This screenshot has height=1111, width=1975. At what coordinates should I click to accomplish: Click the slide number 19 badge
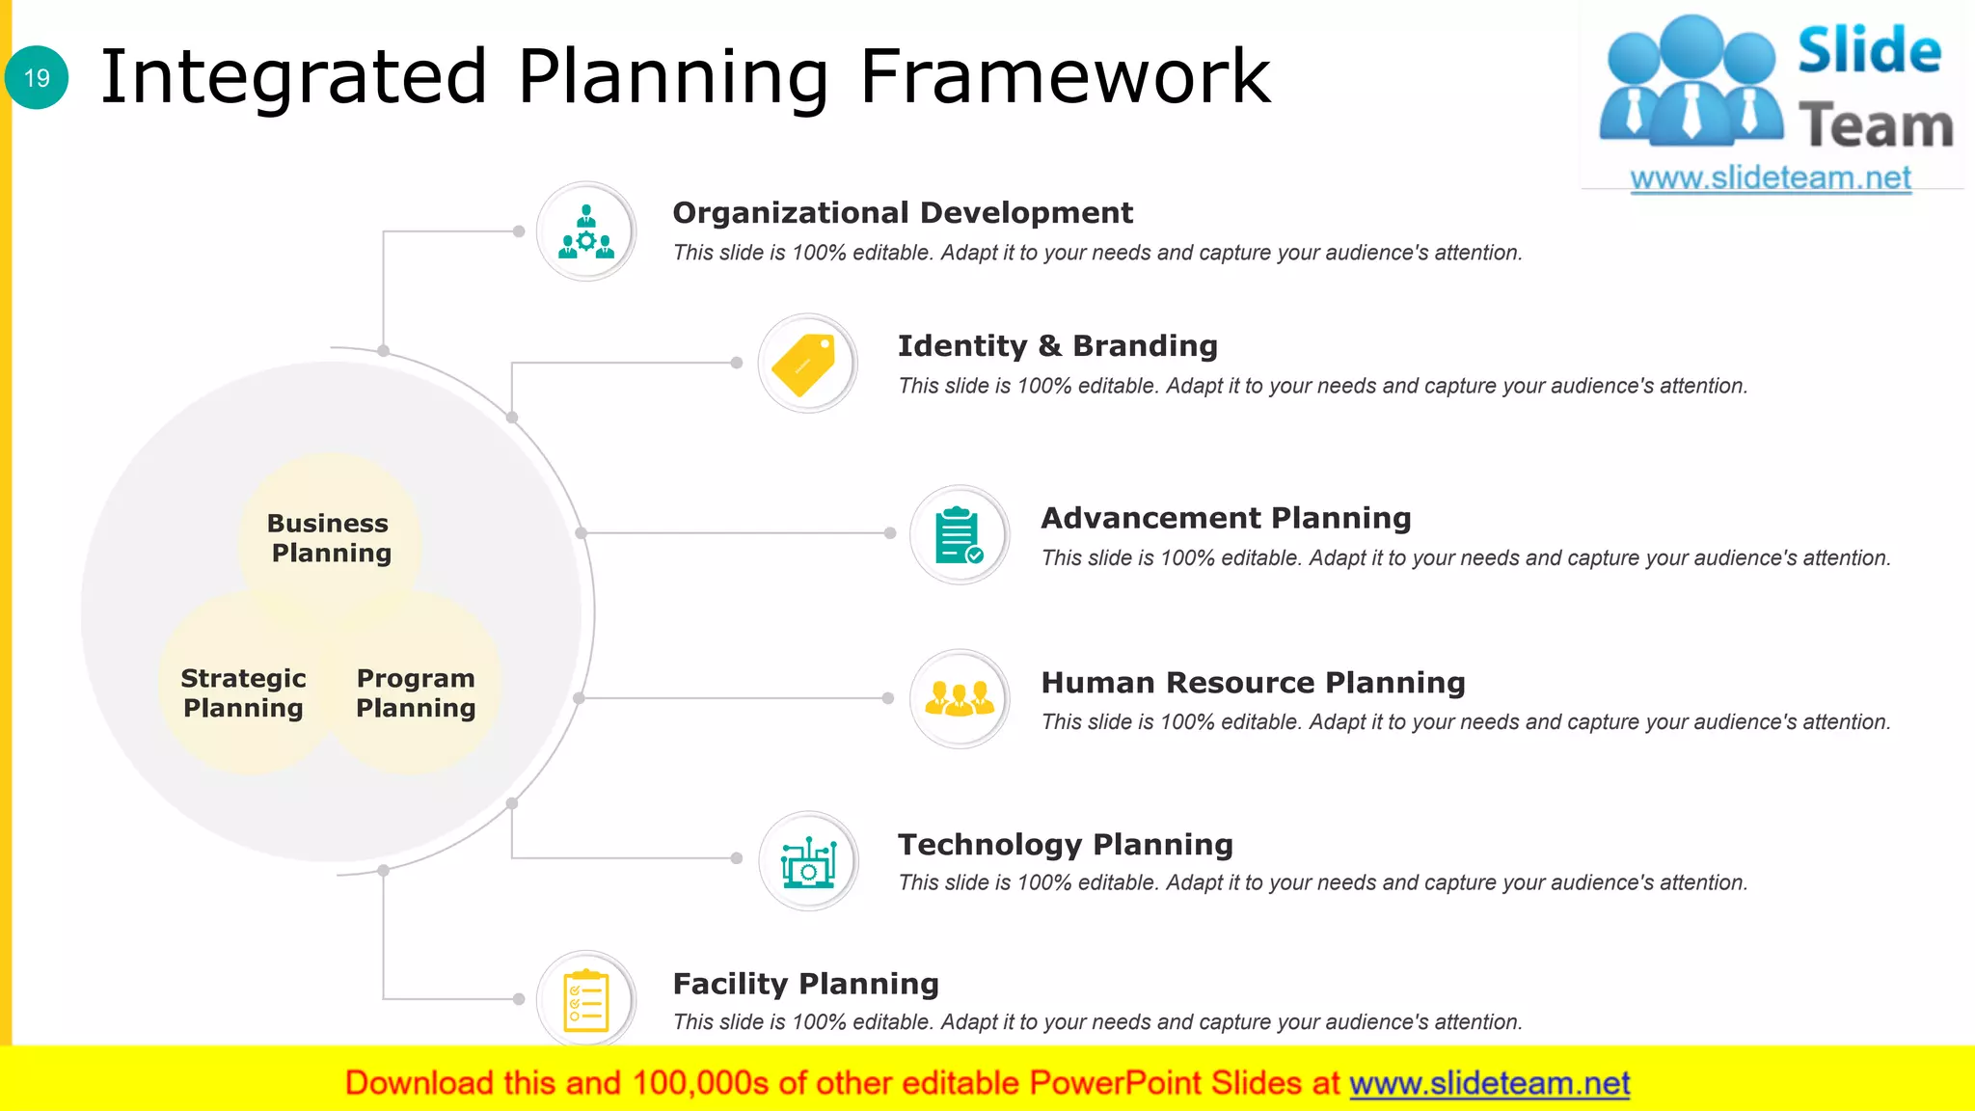tap(37, 77)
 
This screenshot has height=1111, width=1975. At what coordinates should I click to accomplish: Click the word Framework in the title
tap(1065, 77)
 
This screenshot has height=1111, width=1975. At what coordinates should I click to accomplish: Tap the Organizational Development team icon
tap(585, 231)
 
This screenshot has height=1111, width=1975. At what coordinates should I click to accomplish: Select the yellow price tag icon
tap(806, 364)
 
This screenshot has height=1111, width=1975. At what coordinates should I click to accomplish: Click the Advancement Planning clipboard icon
tap(959, 535)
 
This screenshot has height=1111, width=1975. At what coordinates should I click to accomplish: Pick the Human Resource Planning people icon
tap(959, 698)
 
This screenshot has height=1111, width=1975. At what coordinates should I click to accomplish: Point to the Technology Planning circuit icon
tap(807, 861)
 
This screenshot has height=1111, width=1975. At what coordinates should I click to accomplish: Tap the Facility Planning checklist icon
tap(585, 1000)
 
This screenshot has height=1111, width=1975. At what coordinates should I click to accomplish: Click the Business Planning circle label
tap(329, 538)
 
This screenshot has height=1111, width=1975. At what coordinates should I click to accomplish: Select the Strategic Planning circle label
tap(243, 693)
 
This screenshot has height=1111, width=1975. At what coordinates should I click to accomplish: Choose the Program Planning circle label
tap(416, 693)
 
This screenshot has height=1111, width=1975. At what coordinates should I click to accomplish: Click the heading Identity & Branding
tap(1057, 345)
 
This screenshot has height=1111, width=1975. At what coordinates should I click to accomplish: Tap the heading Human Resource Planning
tap(1253, 683)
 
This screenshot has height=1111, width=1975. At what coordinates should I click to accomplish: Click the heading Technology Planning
tap(1065, 845)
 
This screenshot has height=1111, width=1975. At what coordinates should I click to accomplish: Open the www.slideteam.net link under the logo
tap(1770, 177)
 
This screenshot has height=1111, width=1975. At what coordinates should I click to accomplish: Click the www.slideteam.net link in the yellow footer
tap(1489, 1083)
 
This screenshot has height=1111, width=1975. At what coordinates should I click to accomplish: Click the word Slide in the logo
tap(1869, 50)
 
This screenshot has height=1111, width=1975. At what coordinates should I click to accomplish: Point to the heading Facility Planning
tap(805, 984)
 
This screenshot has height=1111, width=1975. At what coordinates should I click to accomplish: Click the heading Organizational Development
tap(902, 212)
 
